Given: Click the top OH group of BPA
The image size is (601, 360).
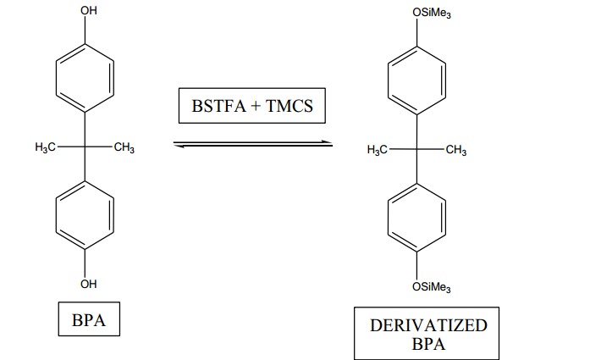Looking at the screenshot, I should point(89,11).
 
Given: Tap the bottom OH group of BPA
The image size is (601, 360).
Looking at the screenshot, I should point(89,283).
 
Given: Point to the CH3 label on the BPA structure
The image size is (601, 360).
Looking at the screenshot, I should point(123,148).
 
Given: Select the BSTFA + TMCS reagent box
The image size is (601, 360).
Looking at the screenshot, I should point(251,107).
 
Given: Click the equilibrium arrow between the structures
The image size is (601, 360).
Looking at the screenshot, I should point(252,145).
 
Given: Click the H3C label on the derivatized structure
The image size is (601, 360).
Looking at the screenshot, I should point(378,150).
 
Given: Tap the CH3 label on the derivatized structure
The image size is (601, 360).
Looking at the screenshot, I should point(455,150).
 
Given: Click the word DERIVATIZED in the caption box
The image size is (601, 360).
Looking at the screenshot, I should point(428,326).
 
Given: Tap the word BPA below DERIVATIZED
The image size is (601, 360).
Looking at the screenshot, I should point(428,344).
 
